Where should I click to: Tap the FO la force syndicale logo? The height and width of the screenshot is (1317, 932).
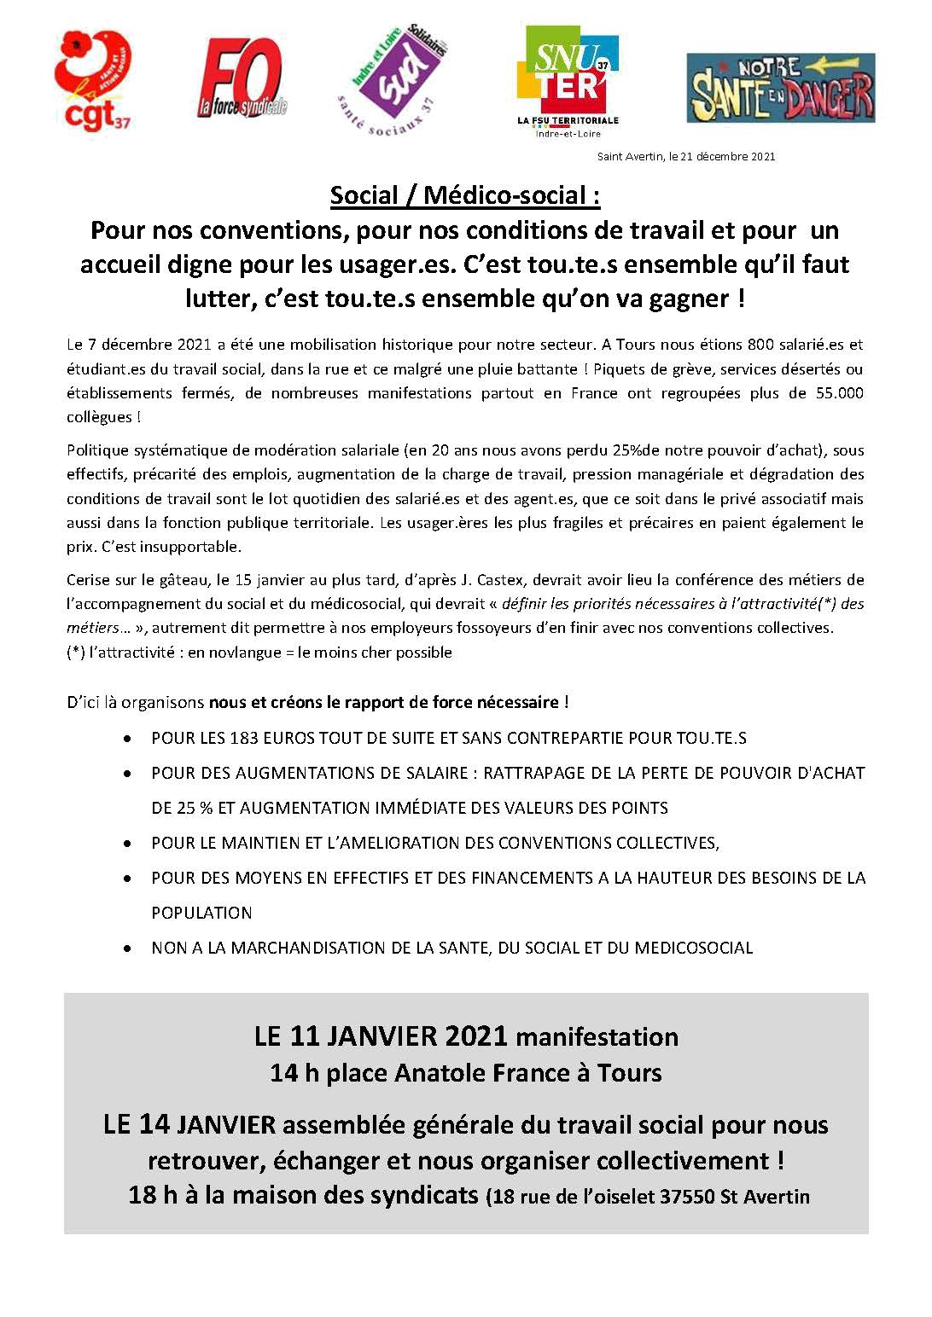(242, 79)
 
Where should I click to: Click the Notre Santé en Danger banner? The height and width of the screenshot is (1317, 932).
(781, 88)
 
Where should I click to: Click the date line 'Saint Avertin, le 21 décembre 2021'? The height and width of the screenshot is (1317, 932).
(686, 157)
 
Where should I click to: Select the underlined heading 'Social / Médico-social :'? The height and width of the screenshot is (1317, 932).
(465, 195)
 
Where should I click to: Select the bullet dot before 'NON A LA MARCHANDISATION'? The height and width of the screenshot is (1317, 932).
(128, 948)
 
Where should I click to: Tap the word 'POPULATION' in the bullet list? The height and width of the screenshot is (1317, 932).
(201, 913)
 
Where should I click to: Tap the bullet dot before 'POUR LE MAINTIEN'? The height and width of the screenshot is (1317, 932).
(128, 843)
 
